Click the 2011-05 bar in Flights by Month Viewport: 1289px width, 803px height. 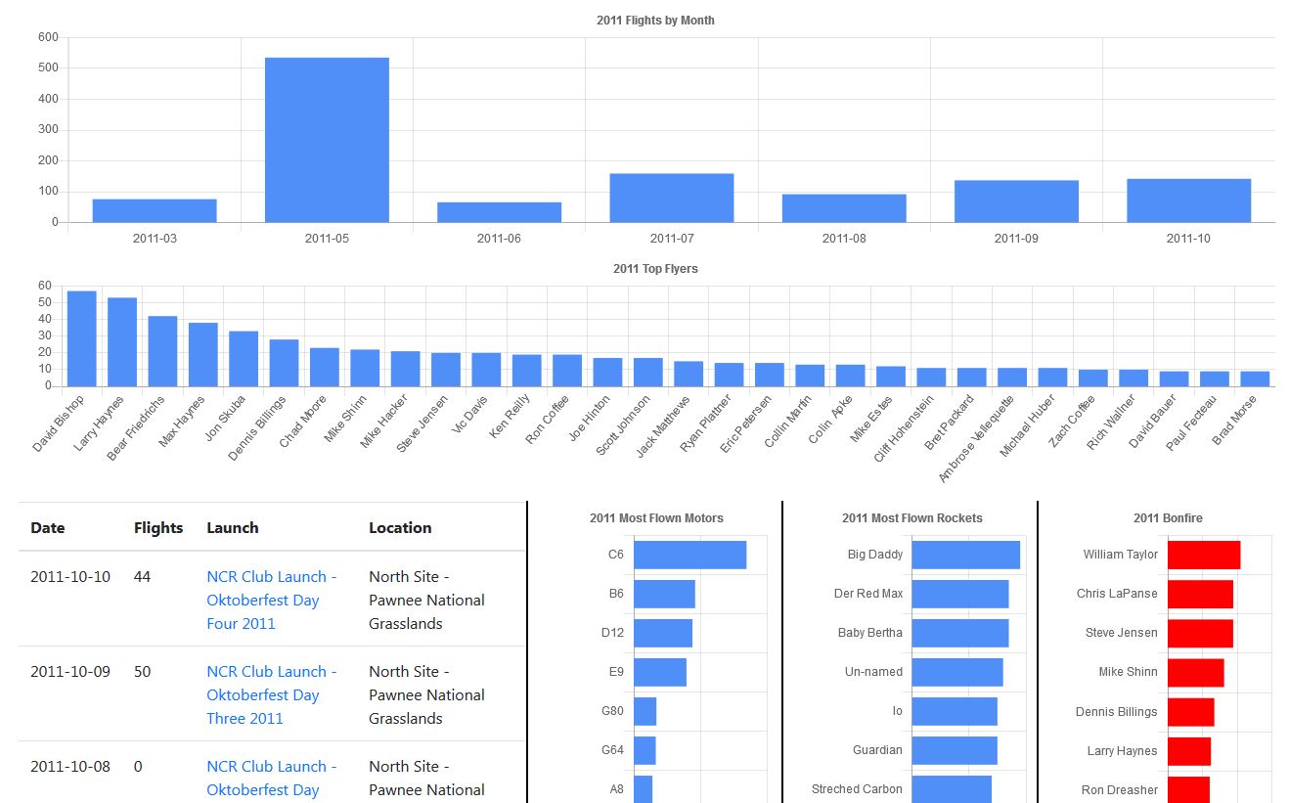[x=327, y=140]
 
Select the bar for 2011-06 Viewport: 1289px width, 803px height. [x=499, y=212]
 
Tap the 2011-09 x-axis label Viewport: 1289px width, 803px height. [x=1016, y=238]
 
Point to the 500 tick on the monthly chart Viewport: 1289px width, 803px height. [x=48, y=68]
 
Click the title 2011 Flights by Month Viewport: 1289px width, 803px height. [x=655, y=21]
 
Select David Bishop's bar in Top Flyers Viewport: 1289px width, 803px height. [x=81, y=338]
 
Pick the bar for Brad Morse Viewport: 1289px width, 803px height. [x=1255, y=379]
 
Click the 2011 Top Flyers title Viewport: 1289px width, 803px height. [x=655, y=269]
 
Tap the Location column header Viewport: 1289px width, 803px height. [x=400, y=528]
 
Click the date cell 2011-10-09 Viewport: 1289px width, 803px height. [x=70, y=672]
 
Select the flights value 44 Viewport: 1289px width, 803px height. [x=143, y=577]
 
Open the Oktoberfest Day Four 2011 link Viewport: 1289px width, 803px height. [x=271, y=600]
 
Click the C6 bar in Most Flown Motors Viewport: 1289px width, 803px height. [x=689, y=555]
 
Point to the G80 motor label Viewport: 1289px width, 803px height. [x=612, y=711]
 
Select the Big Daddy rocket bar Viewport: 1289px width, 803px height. [x=965, y=555]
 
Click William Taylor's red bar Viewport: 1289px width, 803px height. [x=1204, y=555]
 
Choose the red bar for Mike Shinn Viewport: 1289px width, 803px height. [x=1195, y=672]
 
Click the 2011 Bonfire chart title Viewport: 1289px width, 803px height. [x=1168, y=518]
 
